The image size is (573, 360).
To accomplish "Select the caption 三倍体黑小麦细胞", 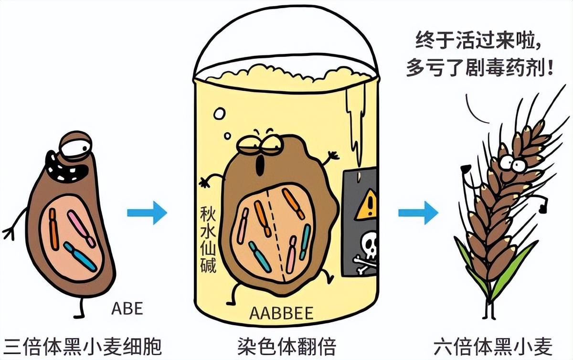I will (x=81, y=345).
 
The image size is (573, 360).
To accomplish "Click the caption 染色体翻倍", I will (x=286, y=345).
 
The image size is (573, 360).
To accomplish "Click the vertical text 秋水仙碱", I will (x=209, y=239).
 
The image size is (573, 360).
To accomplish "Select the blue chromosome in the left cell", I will (x=80, y=255).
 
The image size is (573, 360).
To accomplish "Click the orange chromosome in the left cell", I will (x=54, y=230).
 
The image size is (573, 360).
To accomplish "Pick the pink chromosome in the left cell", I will (x=81, y=229).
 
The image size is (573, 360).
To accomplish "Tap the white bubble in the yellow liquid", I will (x=219, y=114).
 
